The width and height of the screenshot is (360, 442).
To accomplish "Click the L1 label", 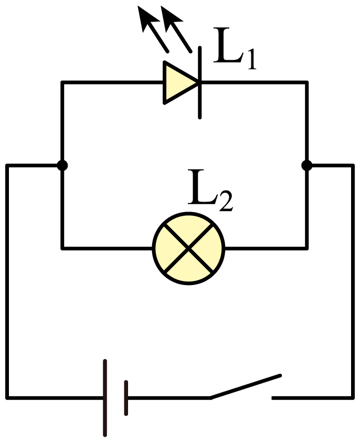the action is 235,48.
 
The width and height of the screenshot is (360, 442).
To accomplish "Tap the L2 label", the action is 210,191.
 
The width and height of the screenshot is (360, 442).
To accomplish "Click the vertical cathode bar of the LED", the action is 200,82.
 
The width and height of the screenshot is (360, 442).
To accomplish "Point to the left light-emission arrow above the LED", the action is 153,29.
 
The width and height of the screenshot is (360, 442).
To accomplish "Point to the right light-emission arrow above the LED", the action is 176,29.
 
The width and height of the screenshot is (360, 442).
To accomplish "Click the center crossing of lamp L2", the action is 188,248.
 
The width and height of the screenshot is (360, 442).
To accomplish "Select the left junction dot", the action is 62,165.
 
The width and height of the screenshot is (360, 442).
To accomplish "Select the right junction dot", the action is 306,165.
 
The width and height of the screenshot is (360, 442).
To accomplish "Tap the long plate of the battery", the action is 105,398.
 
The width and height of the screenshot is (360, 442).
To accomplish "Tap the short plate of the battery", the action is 126,398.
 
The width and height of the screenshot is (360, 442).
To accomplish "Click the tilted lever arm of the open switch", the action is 246,386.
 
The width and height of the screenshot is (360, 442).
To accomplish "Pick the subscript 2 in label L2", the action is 226,202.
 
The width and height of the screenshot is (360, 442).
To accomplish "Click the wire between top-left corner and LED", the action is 112,82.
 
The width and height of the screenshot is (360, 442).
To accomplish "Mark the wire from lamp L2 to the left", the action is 107,248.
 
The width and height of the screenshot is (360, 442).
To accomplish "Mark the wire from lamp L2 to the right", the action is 267,248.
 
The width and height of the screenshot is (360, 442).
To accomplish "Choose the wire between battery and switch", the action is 169,398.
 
